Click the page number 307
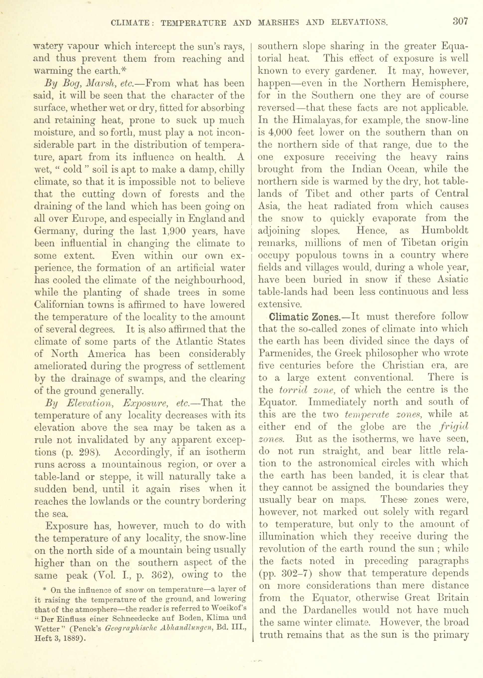tap(460, 22)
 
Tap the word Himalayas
tap(314, 120)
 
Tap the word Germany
tap(56, 231)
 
